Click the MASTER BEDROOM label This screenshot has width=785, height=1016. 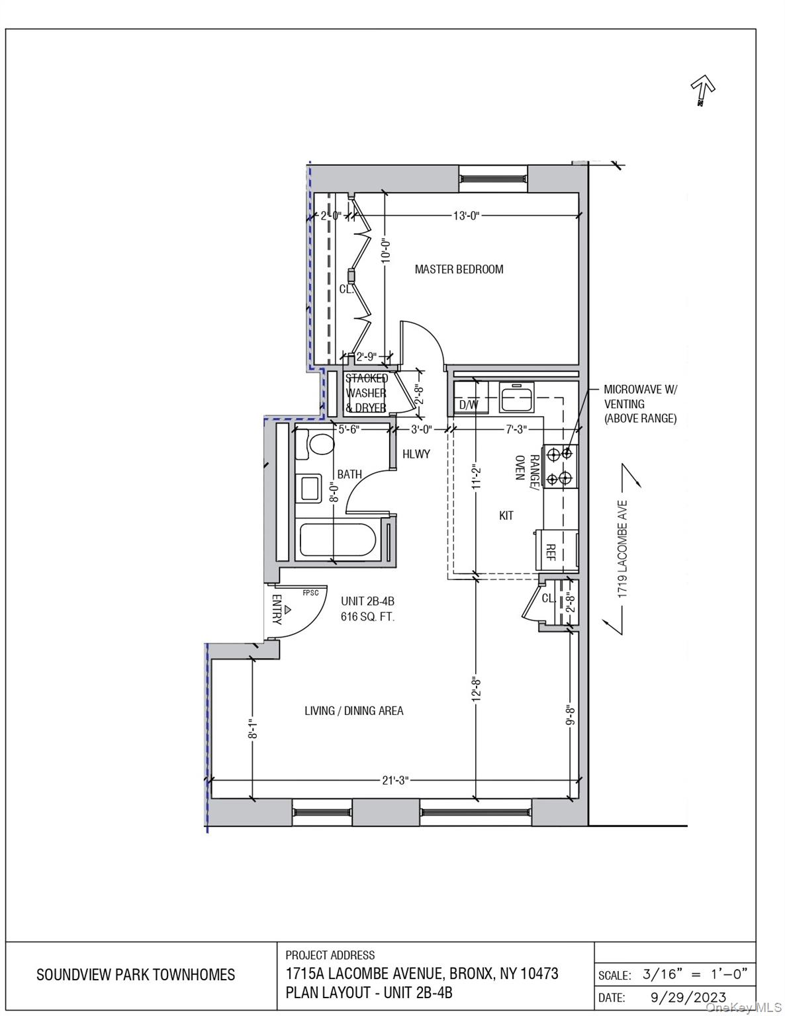click(459, 269)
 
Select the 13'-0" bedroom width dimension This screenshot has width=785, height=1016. click(465, 216)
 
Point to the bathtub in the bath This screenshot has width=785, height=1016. click(338, 540)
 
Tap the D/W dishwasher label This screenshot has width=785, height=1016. click(469, 404)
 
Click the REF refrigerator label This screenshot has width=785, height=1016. click(550, 552)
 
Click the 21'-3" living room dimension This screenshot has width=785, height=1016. click(395, 781)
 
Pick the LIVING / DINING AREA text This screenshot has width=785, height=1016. click(353, 711)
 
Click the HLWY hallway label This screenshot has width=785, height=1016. click(416, 454)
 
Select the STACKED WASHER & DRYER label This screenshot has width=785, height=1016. click(366, 393)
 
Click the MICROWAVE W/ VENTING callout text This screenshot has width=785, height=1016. click(640, 403)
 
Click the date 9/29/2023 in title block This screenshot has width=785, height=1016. click(684, 997)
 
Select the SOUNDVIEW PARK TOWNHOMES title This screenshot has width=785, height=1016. click(136, 974)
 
